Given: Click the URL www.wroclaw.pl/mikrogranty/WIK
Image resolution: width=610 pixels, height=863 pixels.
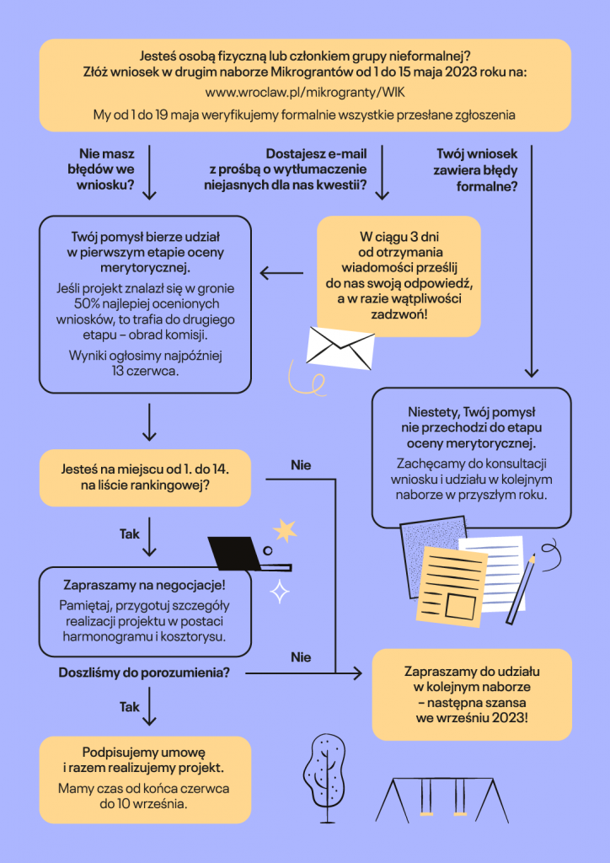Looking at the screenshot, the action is [x=305, y=93].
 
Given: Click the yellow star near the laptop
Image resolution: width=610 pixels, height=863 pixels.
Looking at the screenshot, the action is [x=285, y=530].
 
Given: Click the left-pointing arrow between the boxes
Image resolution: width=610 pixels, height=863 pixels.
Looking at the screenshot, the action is [x=281, y=272].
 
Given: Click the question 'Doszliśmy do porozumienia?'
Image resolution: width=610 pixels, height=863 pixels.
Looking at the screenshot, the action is [x=144, y=672].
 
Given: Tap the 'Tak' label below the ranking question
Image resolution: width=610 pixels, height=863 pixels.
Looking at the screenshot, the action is [x=130, y=533].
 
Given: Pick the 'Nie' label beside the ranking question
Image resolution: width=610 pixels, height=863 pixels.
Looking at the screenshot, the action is [x=301, y=465].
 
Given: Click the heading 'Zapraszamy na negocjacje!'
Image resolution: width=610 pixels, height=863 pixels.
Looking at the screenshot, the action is [x=145, y=584].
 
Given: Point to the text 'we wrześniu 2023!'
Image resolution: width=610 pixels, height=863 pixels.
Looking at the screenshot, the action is [x=472, y=719].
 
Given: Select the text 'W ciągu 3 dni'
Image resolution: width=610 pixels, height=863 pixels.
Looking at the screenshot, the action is [x=399, y=238].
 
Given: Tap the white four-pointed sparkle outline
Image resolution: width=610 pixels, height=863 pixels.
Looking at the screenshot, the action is [x=280, y=592].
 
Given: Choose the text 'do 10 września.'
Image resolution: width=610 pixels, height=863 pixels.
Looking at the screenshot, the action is [x=144, y=804].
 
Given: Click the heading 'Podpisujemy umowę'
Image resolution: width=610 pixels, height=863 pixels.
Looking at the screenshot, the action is [x=145, y=752].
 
